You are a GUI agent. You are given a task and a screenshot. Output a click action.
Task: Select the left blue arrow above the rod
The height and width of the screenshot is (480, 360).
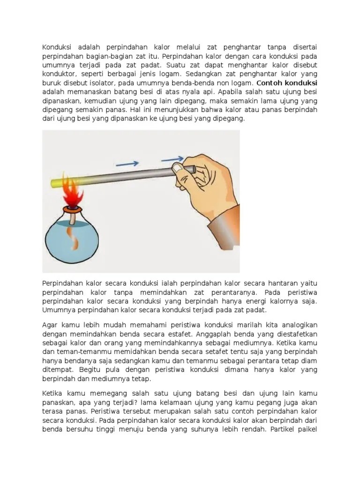[x=127, y=164]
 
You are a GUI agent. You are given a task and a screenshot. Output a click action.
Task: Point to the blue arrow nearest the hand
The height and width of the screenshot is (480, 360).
[x=172, y=159]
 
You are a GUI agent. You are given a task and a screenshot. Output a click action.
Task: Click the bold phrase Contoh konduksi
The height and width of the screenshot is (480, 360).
[x=287, y=82]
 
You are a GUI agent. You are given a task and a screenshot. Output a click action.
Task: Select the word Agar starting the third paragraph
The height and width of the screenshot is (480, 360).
[x=50, y=325]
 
